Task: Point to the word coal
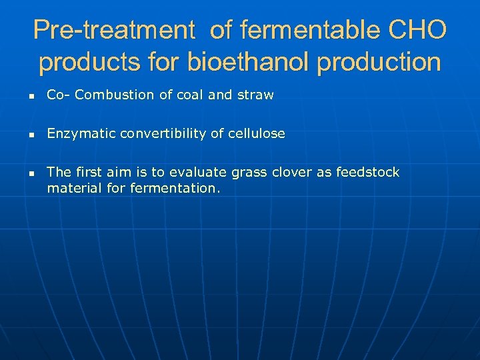[x=189, y=95]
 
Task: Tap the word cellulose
[x=257, y=133]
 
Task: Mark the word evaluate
[x=201, y=172]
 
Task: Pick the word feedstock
[x=367, y=172]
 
